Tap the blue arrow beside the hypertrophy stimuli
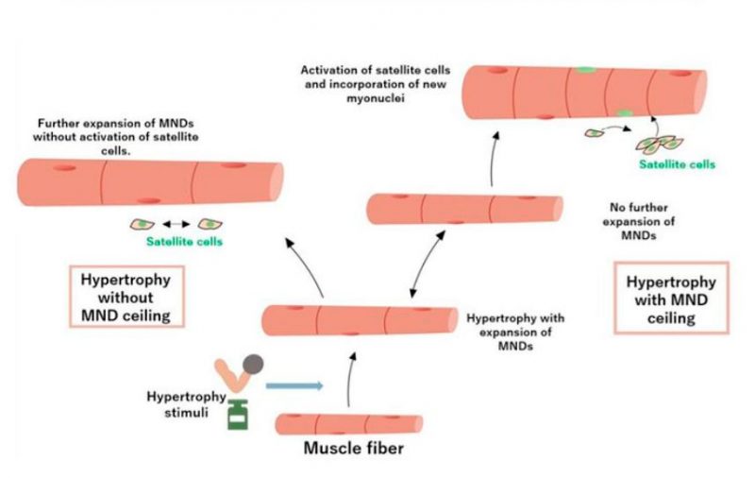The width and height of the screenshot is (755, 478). (x=294, y=385)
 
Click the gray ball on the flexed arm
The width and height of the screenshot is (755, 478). (x=253, y=364)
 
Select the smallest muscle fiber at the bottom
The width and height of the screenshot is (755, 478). (x=348, y=423)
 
